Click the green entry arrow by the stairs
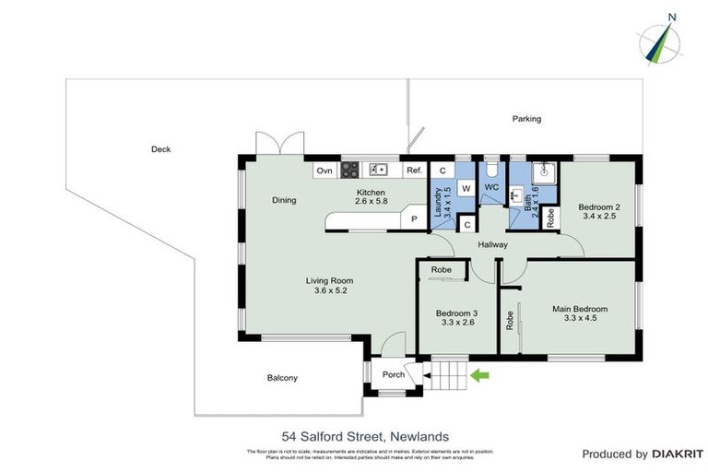[478, 375]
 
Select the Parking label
[527, 119]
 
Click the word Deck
[161, 149]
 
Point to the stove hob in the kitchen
[350, 170]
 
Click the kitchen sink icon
[377, 170]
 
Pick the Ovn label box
[324, 171]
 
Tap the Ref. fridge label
[414, 171]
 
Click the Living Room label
[330, 286]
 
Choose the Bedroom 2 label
[598, 213]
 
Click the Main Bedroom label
[580, 314]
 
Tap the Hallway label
[493, 245]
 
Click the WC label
[491, 187]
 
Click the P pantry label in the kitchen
[414, 218]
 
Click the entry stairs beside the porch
[448, 376]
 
